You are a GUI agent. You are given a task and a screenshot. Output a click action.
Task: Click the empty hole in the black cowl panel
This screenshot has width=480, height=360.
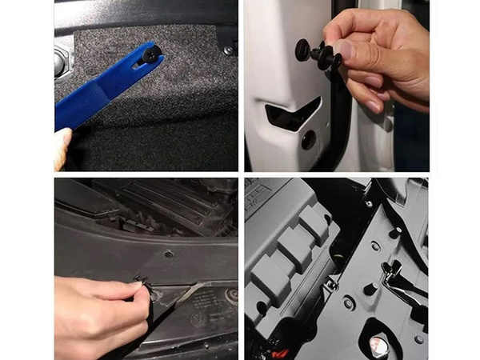(168, 254)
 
